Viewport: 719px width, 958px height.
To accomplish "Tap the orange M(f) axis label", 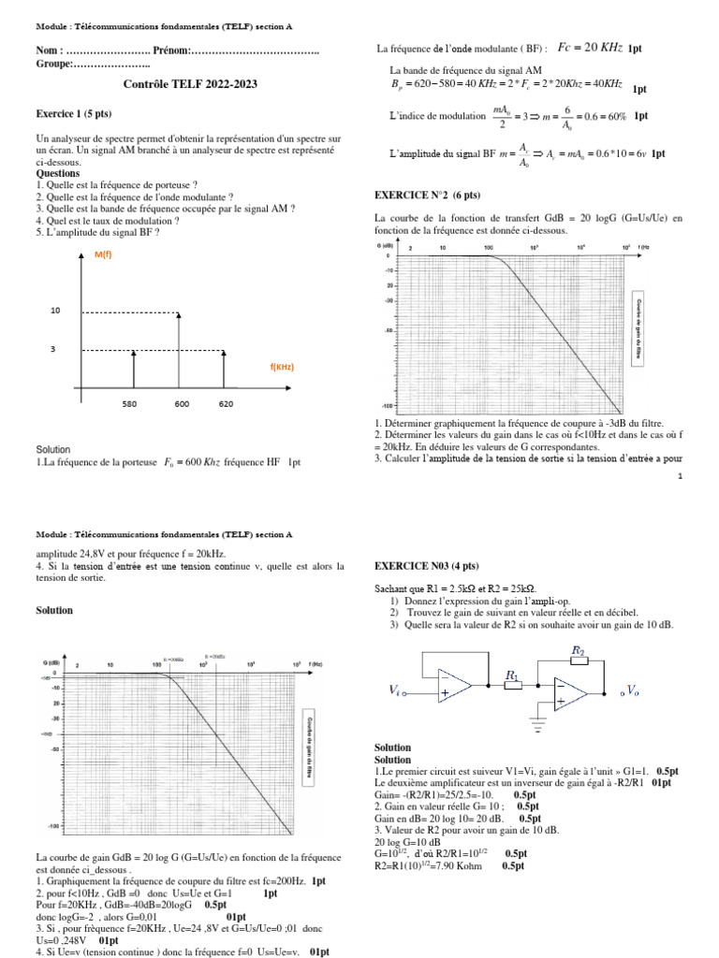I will pos(103,255).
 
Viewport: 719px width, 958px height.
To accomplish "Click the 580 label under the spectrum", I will pos(131,404).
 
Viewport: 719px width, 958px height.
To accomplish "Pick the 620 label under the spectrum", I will pos(225,404).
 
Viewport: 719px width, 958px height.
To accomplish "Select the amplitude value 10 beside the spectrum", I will pos(55,310).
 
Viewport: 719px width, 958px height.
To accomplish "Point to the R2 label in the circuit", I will pos(578,648).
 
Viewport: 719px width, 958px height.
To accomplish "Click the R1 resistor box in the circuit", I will pos(512,686).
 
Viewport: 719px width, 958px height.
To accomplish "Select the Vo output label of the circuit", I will pos(633,691).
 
